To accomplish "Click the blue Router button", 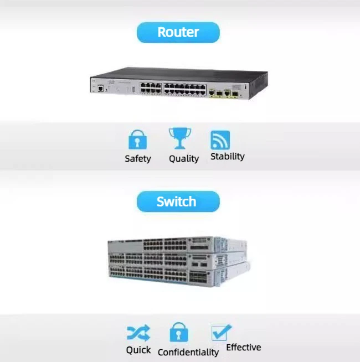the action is click(x=178, y=33).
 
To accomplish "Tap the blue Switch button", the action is click(x=178, y=201).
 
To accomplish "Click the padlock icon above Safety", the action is click(x=137, y=139).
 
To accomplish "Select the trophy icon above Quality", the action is click(x=180, y=138).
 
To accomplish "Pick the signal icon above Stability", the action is click(x=220, y=140).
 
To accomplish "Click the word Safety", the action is click(x=138, y=159).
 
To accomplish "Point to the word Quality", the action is click(x=183, y=159).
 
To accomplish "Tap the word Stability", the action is click(x=227, y=157).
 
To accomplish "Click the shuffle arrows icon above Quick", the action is click(x=138, y=333).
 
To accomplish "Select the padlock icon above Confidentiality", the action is click(x=178, y=333).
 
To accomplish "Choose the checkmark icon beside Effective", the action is click(x=221, y=332).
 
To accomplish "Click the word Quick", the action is click(x=138, y=350).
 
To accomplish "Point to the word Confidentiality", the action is click(x=188, y=352).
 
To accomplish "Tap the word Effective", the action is click(x=243, y=348).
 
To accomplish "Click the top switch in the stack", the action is click(x=177, y=244).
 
